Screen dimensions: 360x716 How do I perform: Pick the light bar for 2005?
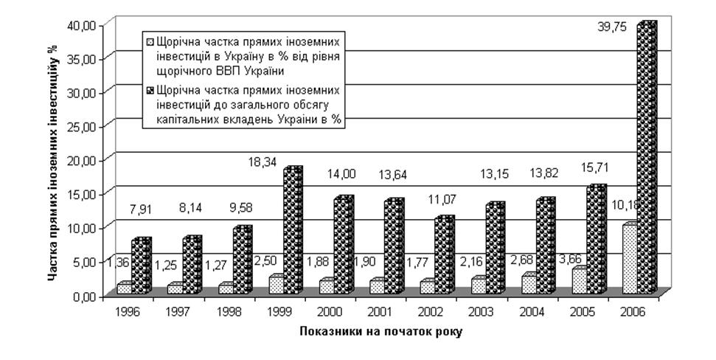(x=578, y=281)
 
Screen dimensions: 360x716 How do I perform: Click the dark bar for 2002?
(x=445, y=256)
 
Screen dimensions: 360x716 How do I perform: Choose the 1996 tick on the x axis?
(x=128, y=312)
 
